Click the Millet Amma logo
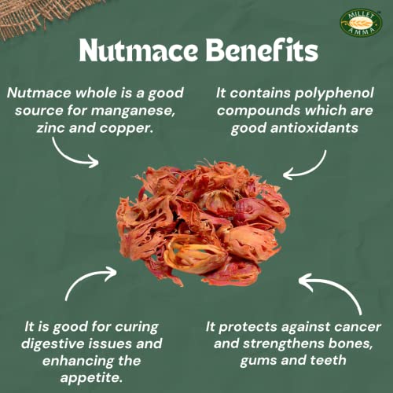pyautogui.click(x=361, y=24)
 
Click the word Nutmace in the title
pyautogui.click(x=138, y=50)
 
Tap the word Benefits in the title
pyautogui.click(x=262, y=50)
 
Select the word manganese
pyautogui.click(x=133, y=111)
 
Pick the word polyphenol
pyautogui.click(x=334, y=94)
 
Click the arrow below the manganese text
pyautogui.click(x=68, y=157)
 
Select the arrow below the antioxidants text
pyautogui.click(x=313, y=171)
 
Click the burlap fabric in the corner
pyautogui.click(x=39, y=14)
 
